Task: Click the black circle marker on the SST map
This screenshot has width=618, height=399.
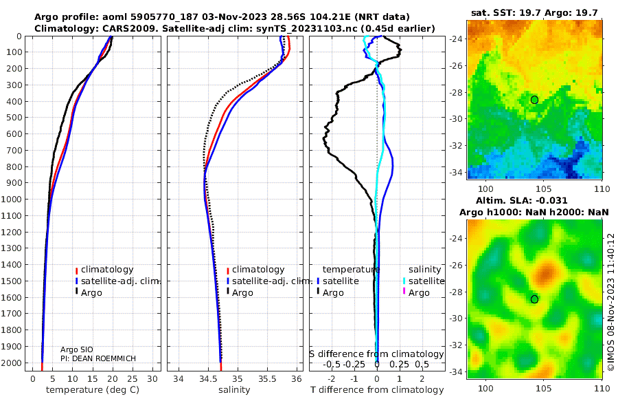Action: [x=534, y=100]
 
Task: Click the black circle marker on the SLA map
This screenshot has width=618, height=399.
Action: [x=534, y=299]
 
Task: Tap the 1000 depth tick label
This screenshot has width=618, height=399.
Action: [x=11, y=199]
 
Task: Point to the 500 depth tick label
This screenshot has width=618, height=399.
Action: [x=14, y=118]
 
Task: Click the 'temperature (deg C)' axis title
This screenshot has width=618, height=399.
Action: [x=93, y=390]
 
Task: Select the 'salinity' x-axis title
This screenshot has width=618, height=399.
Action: [x=234, y=390]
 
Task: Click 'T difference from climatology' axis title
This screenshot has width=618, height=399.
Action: [x=377, y=390]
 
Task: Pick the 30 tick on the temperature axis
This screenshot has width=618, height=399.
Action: [x=152, y=379]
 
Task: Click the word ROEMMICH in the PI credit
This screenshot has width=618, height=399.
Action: [x=117, y=358]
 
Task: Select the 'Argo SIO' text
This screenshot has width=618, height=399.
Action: [x=76, y=349]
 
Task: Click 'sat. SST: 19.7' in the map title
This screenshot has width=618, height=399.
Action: [x=506, y=12]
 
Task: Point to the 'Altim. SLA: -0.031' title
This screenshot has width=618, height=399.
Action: [x=521, y=200]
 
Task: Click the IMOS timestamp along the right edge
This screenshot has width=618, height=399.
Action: [x=611, y=302]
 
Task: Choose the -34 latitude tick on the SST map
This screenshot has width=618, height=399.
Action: [x=456, y=173]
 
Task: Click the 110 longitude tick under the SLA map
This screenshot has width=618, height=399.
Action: [x=602, y=388]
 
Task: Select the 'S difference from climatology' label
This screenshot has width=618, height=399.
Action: [x=376, y=354]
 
